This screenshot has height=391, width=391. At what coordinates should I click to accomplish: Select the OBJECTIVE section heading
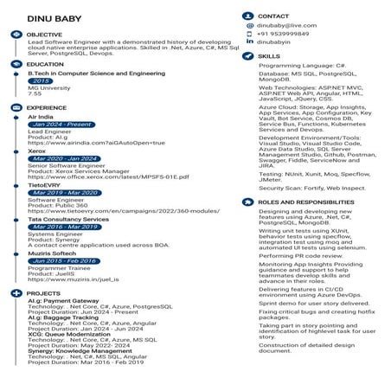point(45,34)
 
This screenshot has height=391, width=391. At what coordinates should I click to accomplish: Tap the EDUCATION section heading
point(46,64)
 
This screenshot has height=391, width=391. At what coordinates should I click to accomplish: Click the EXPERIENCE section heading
point(47,107)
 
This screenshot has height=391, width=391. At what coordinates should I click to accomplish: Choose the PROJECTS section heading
point(44,293)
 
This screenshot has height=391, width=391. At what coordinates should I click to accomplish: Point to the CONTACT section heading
point(273,16)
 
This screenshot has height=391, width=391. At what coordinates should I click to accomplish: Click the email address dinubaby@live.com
point(287,28)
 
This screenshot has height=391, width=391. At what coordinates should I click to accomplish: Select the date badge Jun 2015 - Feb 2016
point(63,260)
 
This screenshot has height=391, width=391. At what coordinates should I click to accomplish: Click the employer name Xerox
point(37,151)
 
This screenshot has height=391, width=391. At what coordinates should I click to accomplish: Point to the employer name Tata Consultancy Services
point(68,219)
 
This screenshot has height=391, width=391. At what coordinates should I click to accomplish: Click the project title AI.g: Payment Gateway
point(63,301)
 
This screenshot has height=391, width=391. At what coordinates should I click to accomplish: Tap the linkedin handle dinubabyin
point(274,42)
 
